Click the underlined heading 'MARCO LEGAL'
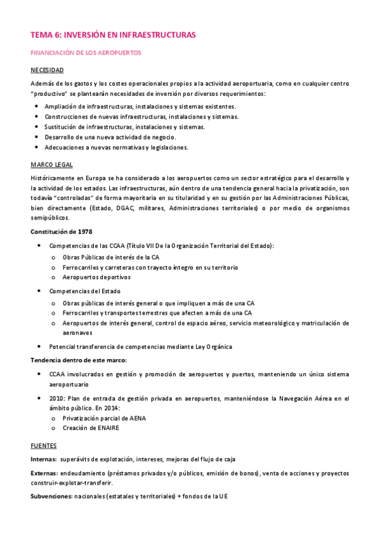(51, 164)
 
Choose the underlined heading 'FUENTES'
(43, 445)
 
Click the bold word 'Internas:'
(44, 459)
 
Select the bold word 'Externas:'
(44, 473)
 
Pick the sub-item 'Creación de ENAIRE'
(91, 428)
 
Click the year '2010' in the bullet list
(57, 398)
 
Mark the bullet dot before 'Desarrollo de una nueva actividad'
(37, 137)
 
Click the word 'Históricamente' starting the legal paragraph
(54, 178)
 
